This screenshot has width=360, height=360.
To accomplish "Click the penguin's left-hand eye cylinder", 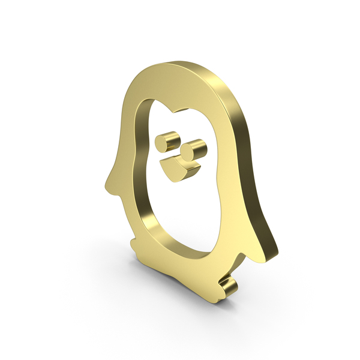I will (x=163, y=143).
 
